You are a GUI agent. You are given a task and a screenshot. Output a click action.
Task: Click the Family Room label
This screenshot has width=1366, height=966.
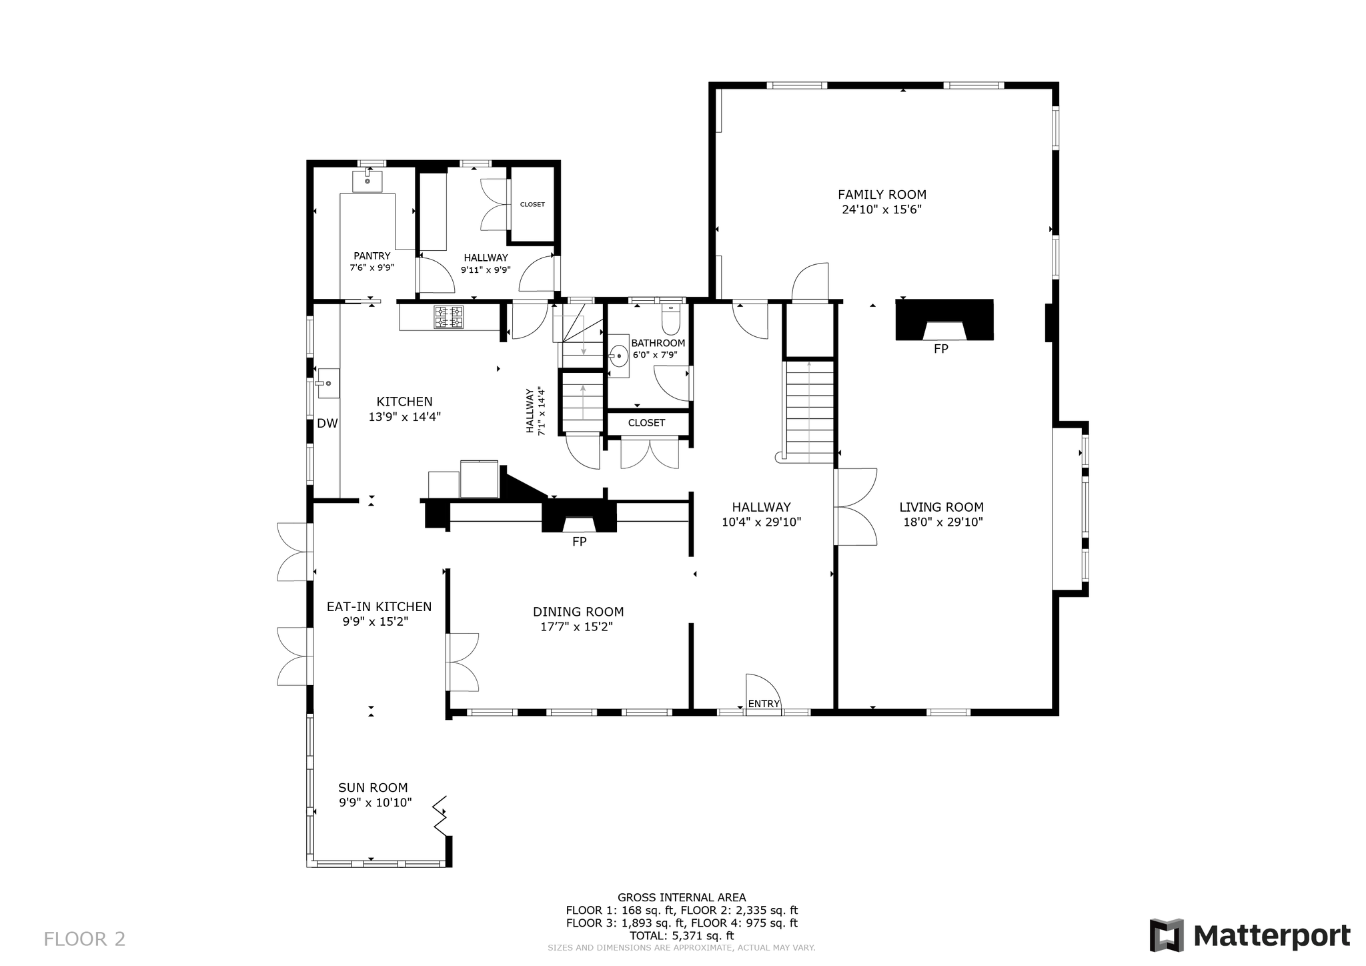coord(882,195)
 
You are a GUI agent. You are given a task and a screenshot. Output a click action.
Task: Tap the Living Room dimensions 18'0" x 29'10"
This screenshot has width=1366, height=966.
coord(942,522)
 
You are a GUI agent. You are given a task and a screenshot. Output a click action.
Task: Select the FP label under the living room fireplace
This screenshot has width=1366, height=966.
coord(940,349)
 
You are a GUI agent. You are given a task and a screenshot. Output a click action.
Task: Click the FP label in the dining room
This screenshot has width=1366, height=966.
coord(579,542)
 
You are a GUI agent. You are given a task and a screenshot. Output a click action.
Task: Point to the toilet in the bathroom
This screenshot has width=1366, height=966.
coord(671,320)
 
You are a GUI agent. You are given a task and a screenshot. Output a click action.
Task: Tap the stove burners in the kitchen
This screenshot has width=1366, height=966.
coord(448,317)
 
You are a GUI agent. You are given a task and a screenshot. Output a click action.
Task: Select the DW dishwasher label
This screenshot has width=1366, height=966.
coord(327,424)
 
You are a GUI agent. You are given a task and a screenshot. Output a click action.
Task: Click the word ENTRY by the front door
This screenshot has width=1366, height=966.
coord(764,704)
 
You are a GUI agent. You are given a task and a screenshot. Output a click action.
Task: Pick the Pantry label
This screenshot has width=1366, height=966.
coord(372,256)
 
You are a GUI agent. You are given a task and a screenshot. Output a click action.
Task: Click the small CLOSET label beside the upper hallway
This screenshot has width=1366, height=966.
coord(532,204)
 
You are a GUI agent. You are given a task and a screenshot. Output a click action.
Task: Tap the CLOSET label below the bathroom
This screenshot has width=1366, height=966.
coord(646,423)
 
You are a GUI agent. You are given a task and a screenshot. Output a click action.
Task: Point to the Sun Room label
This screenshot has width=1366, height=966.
coord(373,788)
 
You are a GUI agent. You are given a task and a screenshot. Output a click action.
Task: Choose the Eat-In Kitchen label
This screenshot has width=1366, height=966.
coord(379,607)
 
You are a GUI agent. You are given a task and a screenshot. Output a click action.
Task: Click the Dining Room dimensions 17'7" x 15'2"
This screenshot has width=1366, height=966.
coord(577,627)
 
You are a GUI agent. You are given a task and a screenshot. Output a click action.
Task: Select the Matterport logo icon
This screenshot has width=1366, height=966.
coord(1167,936)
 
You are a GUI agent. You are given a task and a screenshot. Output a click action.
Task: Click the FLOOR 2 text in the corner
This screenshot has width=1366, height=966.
coord(85,939)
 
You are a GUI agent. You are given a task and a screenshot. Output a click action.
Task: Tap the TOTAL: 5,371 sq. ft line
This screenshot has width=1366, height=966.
coord(682,936)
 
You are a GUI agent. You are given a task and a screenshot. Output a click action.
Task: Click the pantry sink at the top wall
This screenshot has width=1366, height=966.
coord(367,180)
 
